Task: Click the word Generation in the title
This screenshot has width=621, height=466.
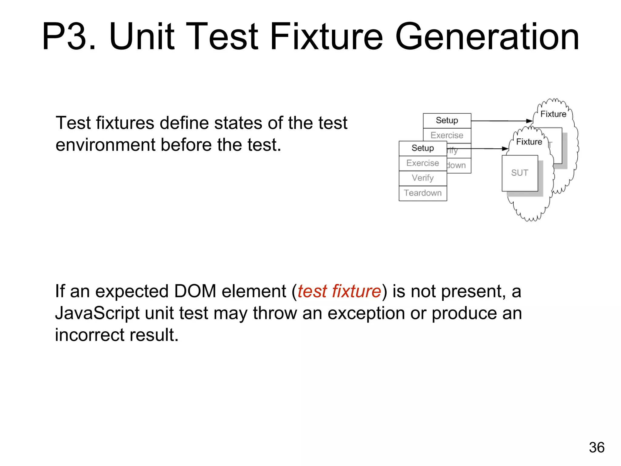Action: tap(487, 37)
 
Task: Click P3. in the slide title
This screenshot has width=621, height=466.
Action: tap(69, 37)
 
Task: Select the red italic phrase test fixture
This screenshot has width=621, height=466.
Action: tap(339, 292)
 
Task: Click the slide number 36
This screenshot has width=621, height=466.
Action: tap(596, 447)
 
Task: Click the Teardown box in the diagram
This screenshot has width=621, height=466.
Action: tap(423, 193)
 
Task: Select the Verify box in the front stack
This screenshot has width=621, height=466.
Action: tap(423, 178)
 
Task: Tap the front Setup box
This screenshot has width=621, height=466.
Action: tap(423, 148)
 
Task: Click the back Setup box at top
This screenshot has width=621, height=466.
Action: tap(447, 120)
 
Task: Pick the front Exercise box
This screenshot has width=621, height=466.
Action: tap(423, 163)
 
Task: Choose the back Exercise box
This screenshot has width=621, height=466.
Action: tap(447, 135)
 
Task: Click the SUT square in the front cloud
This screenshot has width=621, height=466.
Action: tap(519, 173)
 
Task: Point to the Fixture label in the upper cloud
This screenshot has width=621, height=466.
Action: tap(553, 114)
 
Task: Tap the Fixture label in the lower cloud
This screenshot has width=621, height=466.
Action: tap(529, 142)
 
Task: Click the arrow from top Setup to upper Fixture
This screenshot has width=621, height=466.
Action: tap(500, 121)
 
